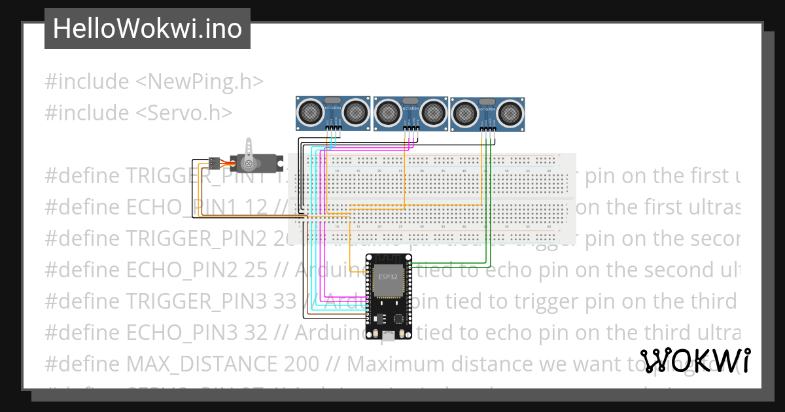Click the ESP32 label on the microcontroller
(388, 277)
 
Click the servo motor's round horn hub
(249, 163)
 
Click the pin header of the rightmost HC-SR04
(488, 130)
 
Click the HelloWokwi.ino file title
(147, 29)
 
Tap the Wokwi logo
(695, 360)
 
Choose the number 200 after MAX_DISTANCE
(302, 363)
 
